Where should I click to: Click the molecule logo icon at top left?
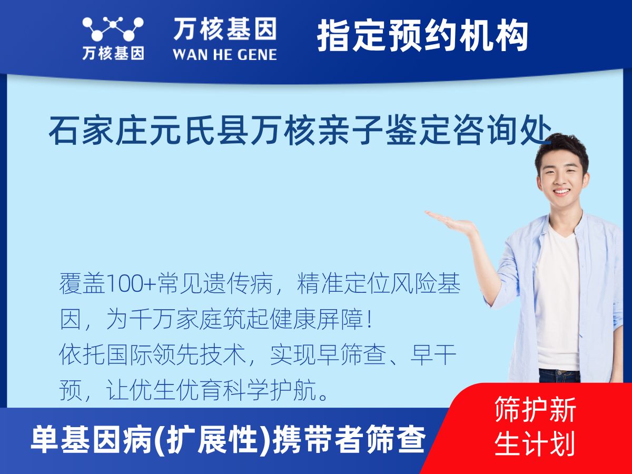point(113,28)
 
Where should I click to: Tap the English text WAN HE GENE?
point(225,55)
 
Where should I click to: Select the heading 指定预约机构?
point(423,35)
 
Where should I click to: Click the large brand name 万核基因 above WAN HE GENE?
point(225,28)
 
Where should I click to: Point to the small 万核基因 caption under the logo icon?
point(113,53)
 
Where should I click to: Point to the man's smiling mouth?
point(562,192)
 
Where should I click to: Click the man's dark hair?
point(561,150)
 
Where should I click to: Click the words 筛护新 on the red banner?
point(535,410)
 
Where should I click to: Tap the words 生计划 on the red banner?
point(535,443)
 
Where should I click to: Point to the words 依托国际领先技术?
point(152,355)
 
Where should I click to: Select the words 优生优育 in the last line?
point(175,391)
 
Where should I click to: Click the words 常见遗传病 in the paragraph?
point(215,283)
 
